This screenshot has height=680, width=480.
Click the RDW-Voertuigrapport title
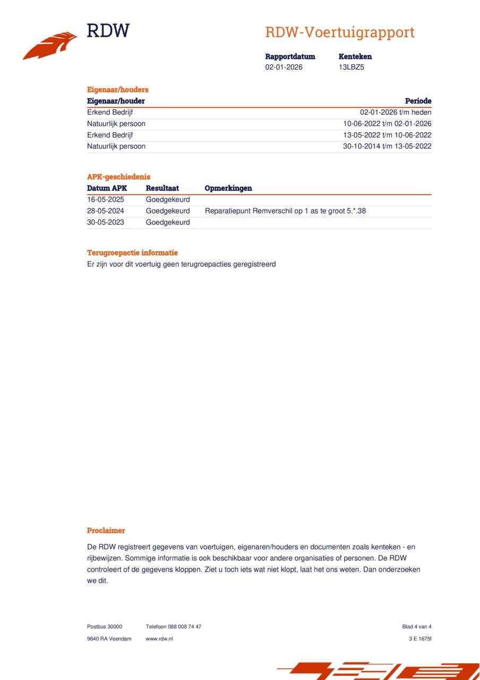pos(340,32)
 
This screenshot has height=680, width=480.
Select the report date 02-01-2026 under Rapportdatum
pos(284,67)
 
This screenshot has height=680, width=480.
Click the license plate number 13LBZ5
pos(352,67)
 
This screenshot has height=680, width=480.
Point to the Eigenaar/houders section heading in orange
pos(117,90)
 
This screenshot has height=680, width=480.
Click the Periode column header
pos(418,101)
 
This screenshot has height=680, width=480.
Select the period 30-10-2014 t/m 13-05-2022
pos(387,147)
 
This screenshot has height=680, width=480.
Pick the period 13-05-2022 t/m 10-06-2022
pos(387,135)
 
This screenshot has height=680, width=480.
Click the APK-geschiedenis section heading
pos(118,177)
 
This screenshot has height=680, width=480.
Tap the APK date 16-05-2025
pos(106,200)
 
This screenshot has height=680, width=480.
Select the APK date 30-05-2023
pos(106,223)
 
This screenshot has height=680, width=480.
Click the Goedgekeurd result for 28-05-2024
pos(168,211)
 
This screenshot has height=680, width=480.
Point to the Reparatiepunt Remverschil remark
pos(285,211)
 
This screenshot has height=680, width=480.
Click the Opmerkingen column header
pos(228,188)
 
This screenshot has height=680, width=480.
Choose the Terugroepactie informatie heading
pos(132,253)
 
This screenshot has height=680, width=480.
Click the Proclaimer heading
pos(106,531)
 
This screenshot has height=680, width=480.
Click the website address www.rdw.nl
pos(159,639)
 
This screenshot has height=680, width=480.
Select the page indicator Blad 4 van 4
pos(417,627)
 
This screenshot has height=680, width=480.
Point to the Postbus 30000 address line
pos(105,627)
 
